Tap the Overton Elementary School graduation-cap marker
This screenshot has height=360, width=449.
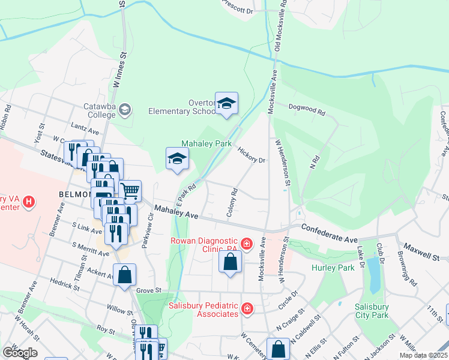coord(227,104)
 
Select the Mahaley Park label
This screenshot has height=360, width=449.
coord(206,143)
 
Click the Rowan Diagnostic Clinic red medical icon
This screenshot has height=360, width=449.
coord(246,243)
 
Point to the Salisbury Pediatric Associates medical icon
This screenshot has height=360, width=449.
coord(246,308)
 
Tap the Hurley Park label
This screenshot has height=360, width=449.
coord(333,268)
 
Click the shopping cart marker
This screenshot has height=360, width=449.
coord(130,191)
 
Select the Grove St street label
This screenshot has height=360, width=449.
coord(149,290)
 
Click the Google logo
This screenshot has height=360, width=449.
coord(19,352)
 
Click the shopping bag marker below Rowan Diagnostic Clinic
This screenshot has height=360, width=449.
coord(231,262)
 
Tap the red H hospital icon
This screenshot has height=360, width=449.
coord(28,203)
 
